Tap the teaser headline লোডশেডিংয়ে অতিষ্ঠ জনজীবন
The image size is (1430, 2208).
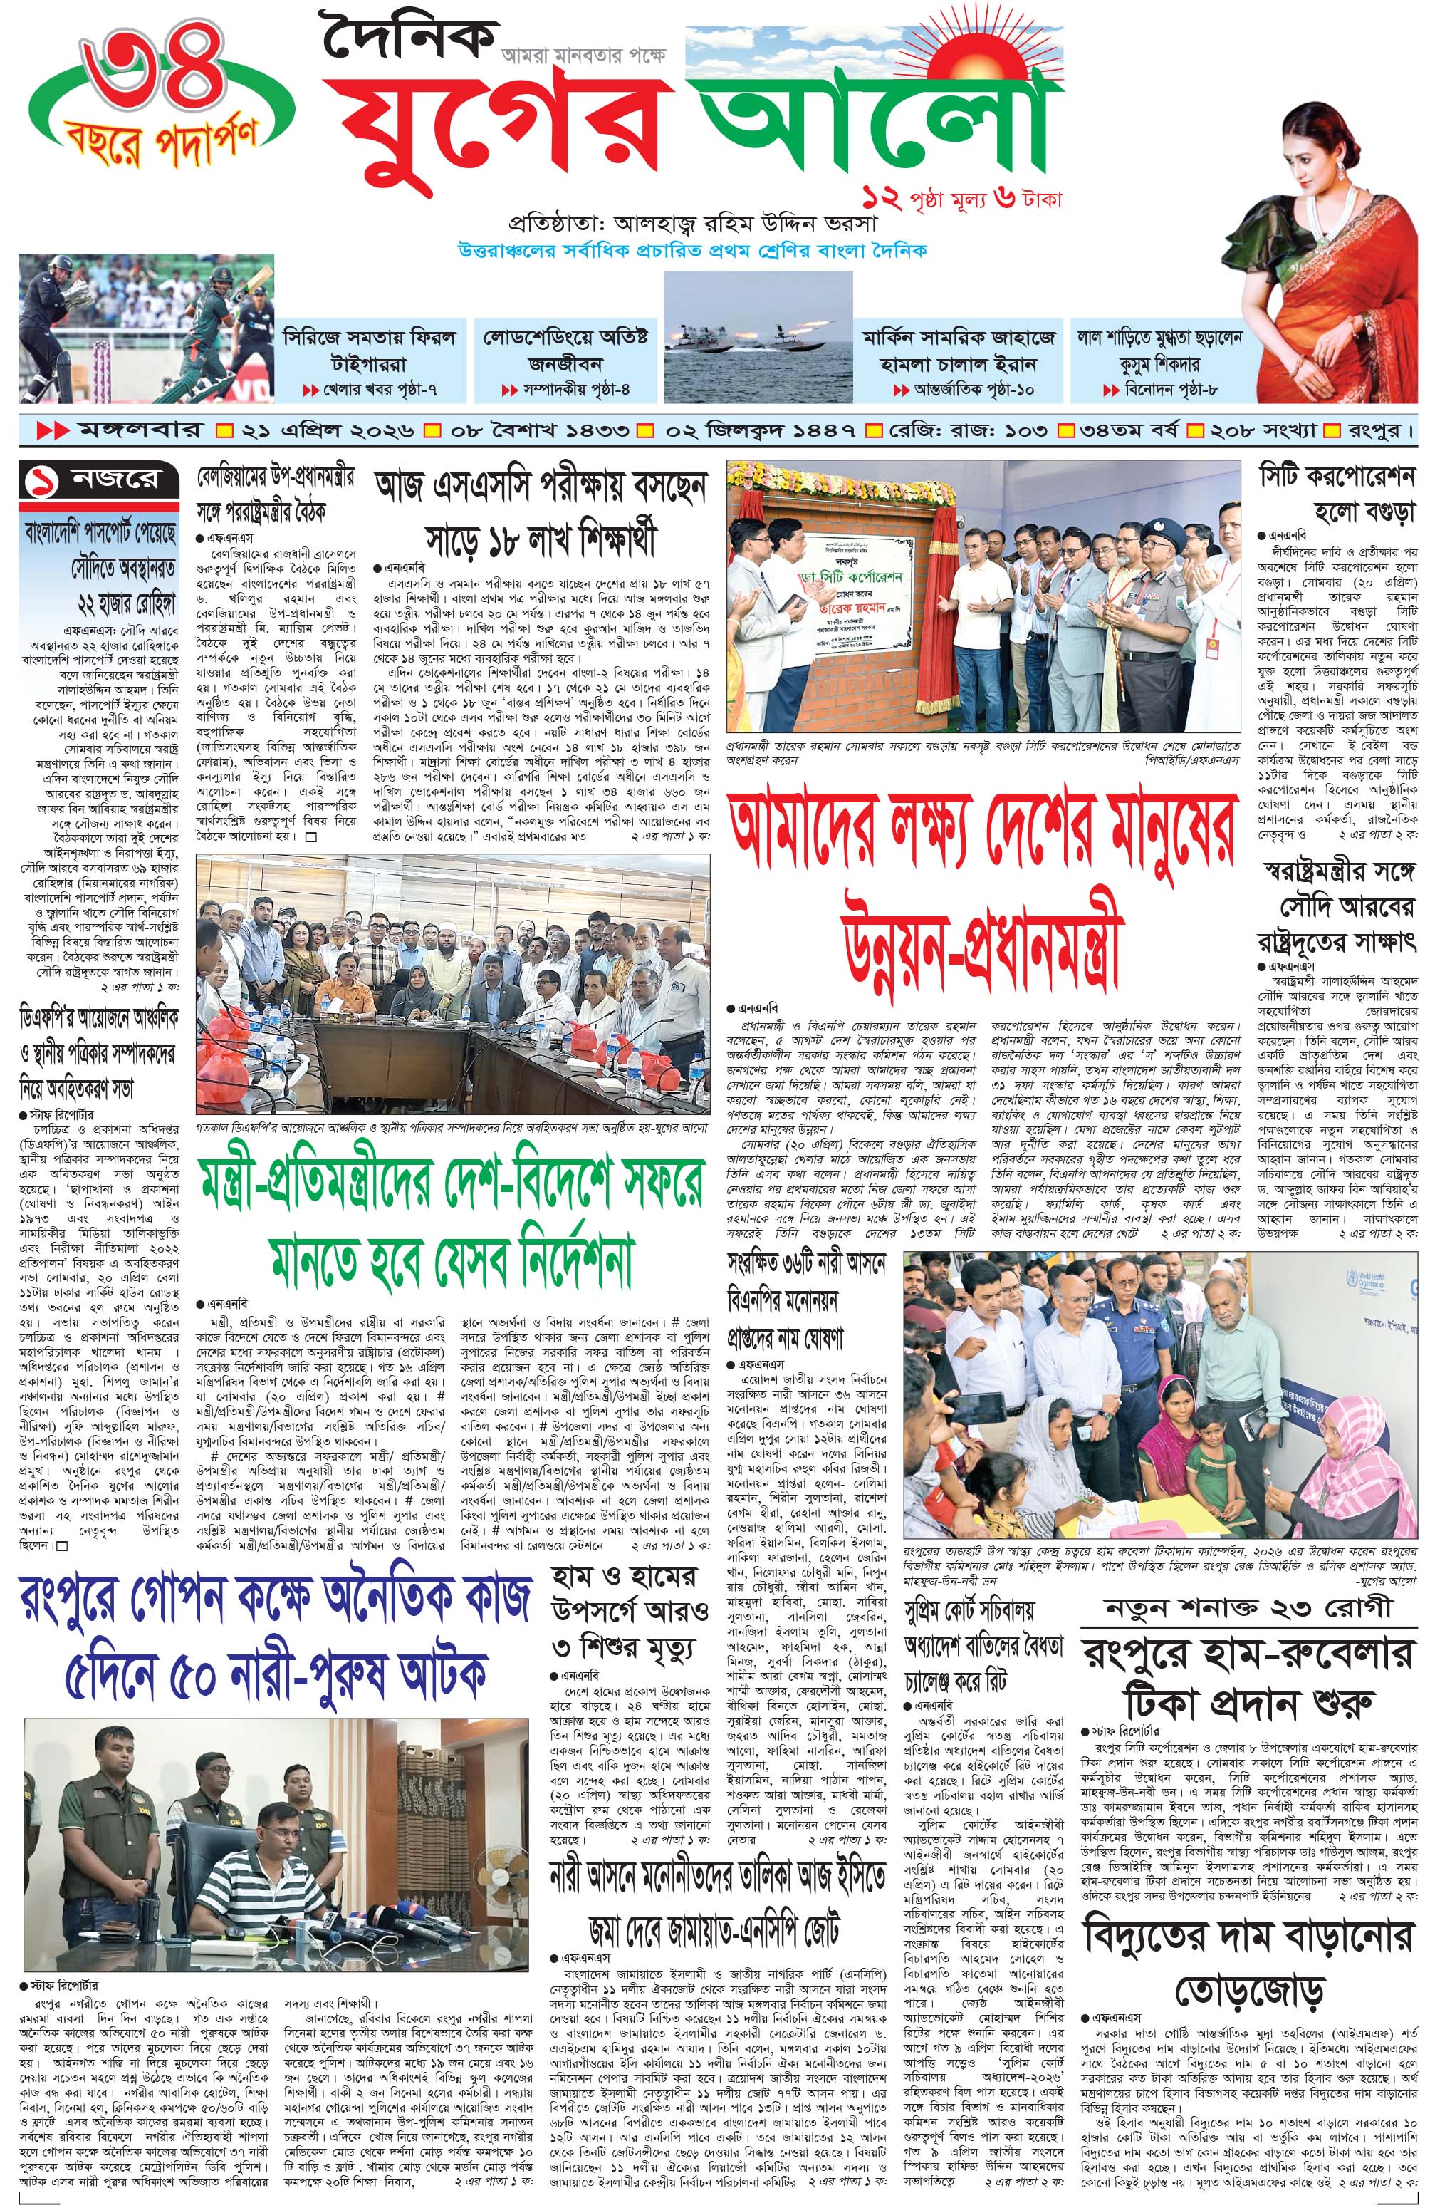[565, 351]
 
